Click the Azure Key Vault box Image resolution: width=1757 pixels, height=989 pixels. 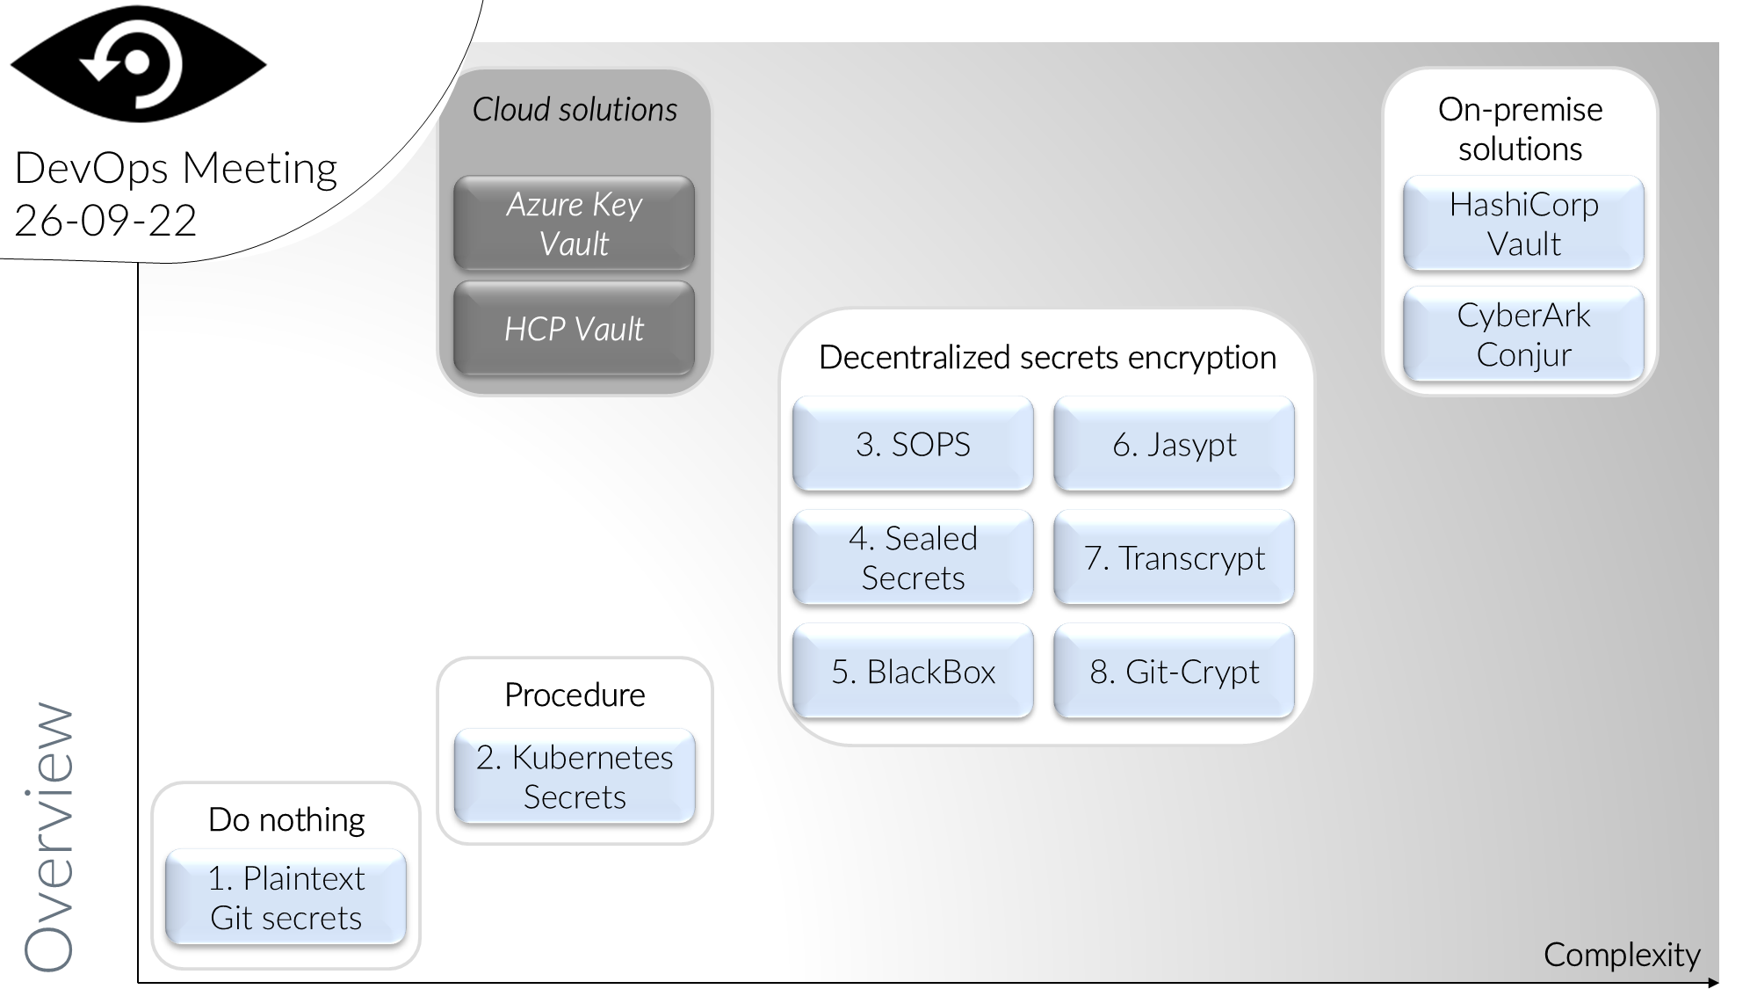click(574, 223)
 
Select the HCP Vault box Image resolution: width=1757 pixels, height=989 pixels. click(574, 329)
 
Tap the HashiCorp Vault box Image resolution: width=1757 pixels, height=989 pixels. click(1523, 223)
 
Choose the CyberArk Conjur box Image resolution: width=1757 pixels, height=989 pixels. click(1523, 334)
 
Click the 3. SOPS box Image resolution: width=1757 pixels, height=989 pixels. click(913, 444)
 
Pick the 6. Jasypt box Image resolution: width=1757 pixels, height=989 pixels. click(1174, 444)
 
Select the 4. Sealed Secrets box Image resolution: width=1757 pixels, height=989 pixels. click(913, 557)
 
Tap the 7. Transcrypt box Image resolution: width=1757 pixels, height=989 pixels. click(1174, 557)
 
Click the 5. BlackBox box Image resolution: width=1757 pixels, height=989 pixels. click(913, 671)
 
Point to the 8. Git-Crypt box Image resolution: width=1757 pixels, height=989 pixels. click(1174, 671)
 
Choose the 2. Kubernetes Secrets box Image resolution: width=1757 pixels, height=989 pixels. click(574, 776)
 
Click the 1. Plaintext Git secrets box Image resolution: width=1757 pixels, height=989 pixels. click(286, 898)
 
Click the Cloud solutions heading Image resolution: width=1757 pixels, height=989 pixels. click(575, 110)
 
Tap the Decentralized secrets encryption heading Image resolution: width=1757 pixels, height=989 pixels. click(1047, 358)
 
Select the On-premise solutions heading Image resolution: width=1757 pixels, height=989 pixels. click(1520, 129)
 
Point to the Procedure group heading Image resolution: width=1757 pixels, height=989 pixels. click(575, 694)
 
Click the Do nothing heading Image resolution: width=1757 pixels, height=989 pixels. click(286, 819)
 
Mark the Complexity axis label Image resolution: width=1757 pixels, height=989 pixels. click(1622, 955)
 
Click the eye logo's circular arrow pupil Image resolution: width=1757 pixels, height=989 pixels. click(137, 63)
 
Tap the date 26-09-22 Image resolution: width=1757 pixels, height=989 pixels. click(105, 220)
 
